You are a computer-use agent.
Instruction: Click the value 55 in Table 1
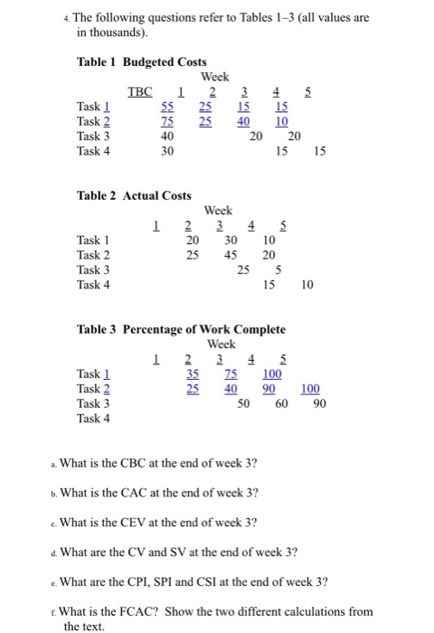(167, 107)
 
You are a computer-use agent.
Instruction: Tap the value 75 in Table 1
(167, 121)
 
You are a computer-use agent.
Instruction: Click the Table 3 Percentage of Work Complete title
(181, 329)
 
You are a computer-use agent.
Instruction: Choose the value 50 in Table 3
(243, 402)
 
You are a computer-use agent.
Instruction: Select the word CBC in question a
(165, 464)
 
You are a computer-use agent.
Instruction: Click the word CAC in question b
(165, 493)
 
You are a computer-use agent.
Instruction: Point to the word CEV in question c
(165, 522)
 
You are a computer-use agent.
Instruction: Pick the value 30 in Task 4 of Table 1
(167, 151)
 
